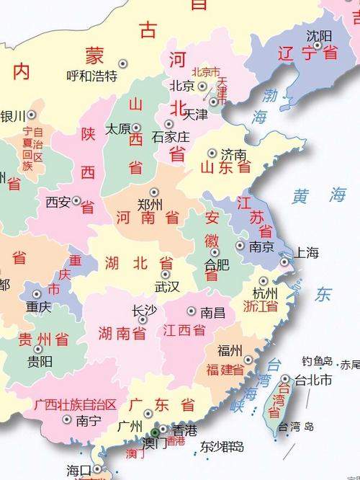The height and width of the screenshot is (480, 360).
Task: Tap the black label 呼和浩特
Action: click(x=91, y=76)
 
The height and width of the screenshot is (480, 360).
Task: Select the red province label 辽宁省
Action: click(x=308, y=52)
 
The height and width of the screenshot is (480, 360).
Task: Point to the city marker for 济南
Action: click(x=212, y=153)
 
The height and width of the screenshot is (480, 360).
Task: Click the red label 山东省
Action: click(x=225, y=168)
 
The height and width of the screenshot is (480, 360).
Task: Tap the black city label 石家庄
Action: click(x=171, y=136)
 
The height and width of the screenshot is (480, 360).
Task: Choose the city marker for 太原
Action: click(x=136, y=128)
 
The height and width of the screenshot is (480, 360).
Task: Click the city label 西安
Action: click(x=58, y=202)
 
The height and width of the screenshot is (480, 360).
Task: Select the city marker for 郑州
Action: click(x=153, y=192)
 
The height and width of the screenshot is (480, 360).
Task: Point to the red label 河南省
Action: click(x=148, y=216)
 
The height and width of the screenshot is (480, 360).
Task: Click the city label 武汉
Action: click(x=167, y=286)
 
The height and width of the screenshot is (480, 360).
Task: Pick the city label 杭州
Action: click(x=265, y=293)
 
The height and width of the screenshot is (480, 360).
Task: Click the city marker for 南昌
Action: click(x=191, y=311)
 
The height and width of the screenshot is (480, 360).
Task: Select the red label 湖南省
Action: click(x=122, y=333)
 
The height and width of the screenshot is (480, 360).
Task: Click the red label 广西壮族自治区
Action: click(x=75, y=404)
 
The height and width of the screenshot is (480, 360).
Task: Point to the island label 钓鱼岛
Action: click(x=317, y=361)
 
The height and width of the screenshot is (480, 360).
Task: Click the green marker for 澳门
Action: click(x=155, y=432)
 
